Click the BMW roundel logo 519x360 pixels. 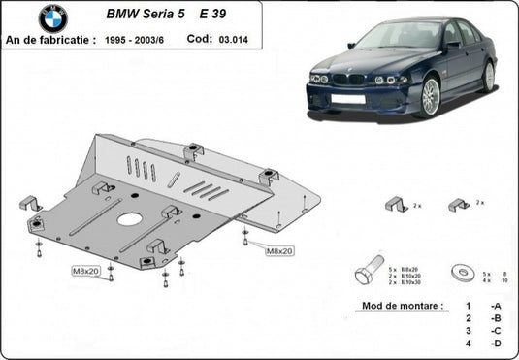(54, 18)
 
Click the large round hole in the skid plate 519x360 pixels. (128, 219)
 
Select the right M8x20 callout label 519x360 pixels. (279, 250)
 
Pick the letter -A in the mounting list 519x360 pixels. (496, 306)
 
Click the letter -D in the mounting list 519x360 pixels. (496, 344)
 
